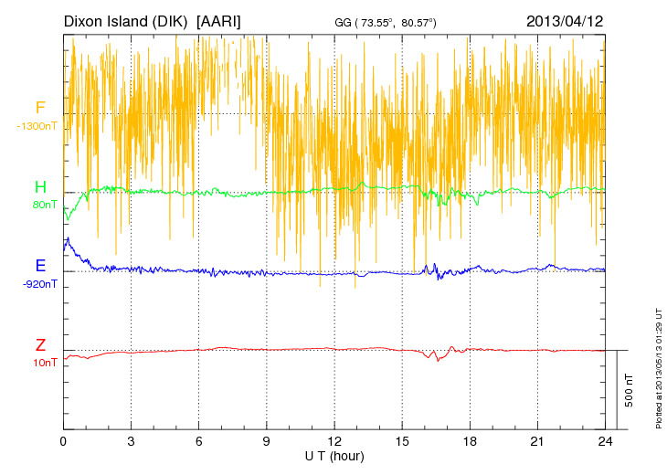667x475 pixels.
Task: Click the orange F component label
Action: (x=40, y=108)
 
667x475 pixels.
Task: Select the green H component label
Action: (x=40, y=187)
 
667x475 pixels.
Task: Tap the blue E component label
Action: (x=40, y=266)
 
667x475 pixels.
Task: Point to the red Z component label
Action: (x=40, y=344)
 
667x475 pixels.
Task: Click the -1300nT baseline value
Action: (x=37, y=125)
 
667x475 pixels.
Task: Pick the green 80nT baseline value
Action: (x=45, y=205)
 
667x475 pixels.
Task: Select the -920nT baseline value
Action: (x=40, y=283)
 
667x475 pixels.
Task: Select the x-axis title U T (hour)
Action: (x=334, y=456)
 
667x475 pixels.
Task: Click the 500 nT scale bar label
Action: (x=629, y=390)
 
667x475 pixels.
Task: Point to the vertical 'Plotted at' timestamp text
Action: (x=657, y=366)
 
